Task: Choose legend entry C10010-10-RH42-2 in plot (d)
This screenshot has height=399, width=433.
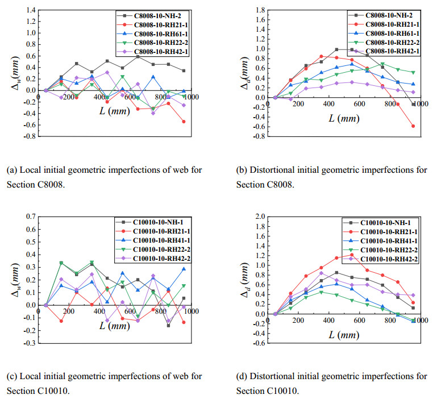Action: pyautogui.click(x=391, y=259)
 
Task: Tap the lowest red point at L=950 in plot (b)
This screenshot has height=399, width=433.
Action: pyautogui.click(x=413, y=126)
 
